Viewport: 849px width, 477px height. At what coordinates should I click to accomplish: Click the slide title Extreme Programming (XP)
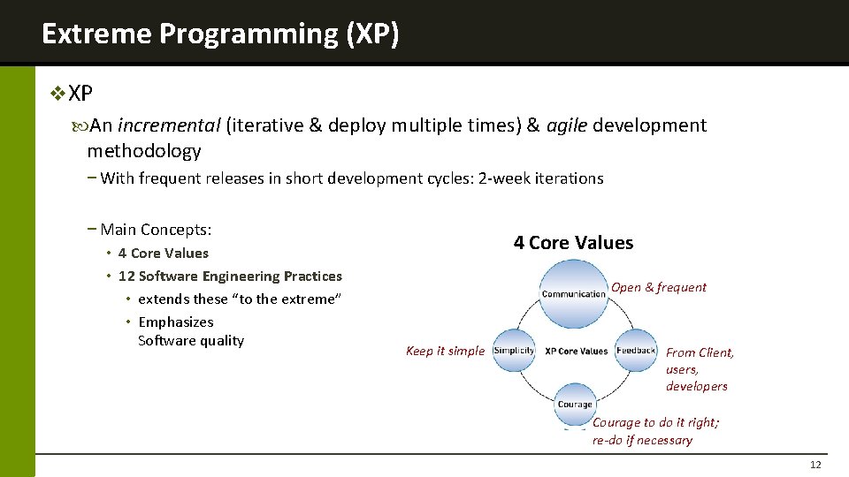pyautogui.click(x=220, y=34)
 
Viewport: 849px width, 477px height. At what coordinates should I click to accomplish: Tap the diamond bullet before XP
pyautogui.click(x=58, y=93)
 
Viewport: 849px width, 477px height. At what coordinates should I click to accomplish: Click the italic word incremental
pyautogui.click(x=169, y=125)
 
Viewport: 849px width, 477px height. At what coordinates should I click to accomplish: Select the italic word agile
pyautogui.click(x=567, y=125)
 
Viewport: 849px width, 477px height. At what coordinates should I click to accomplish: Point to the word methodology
pyautogui.click(x=144, y=151)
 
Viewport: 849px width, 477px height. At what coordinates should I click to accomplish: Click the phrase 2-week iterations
pyautogui.click(x=540, y=178)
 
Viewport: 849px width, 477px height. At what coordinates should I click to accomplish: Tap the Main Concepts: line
pyautogui.click(x=156, y=230)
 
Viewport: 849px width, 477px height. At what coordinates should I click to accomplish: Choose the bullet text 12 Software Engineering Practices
pyautogui.click(x=230, y=276)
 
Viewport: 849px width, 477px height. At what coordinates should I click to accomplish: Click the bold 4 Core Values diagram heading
pyautogui.click(x=573, y=243)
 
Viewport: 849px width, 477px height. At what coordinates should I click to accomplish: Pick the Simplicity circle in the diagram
pyautogui.click(x=514, y=351)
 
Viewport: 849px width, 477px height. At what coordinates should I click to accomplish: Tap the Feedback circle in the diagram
pyautogui.click(x=635, y=351)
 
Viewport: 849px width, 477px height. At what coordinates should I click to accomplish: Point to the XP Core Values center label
pyautogui.click(x=576, y=351)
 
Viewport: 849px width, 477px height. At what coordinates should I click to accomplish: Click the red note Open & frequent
pyautogui.click(x=659, y=287)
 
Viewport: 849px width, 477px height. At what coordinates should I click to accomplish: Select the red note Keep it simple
pyautogui.click(x=445, y=351)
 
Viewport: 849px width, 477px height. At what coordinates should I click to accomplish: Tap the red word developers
pyautogui.click(x=697, y=386)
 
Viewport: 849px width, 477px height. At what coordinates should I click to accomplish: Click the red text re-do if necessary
pyautogui.click(x=642, y=440)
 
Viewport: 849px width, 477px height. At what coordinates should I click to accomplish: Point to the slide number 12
pyautogui.click(x=815, y=466)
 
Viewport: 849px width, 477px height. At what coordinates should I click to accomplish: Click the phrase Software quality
pyautogui.click(x=191, y=341)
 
